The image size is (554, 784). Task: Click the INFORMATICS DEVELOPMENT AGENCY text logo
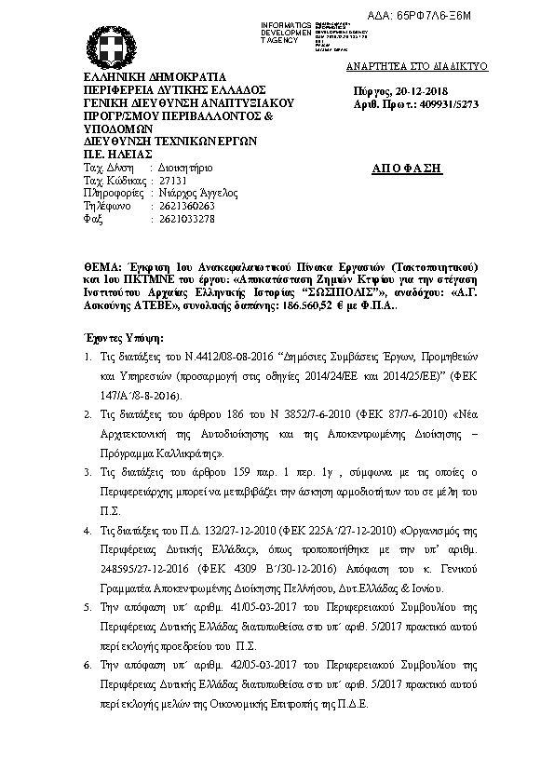(x=287, y=29)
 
